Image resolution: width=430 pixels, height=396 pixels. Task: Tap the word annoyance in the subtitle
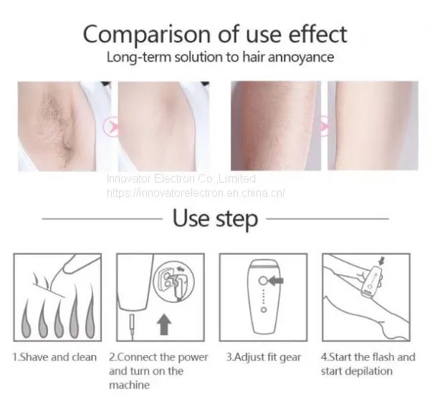[x=301, y=57]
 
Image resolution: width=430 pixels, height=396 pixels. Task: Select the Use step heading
[x=215, y=218]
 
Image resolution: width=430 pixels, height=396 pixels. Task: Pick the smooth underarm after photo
[x=163, y=126]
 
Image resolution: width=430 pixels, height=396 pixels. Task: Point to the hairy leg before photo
[x=276, y=125]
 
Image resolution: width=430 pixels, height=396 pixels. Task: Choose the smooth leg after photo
[x=373, y=125]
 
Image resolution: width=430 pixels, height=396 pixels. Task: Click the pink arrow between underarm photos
[x=110, y=126]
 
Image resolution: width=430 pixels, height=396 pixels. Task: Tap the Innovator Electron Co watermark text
[x=181, y=179]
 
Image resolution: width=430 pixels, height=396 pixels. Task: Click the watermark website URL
[x=196, y=193]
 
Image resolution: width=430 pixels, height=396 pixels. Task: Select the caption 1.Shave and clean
[x=55, y=357]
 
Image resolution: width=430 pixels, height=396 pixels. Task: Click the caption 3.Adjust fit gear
[x=264, y=357]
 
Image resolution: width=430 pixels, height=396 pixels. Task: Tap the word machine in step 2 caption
[x=129, y=385]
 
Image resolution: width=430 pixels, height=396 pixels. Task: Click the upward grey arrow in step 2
[x=164, y=324]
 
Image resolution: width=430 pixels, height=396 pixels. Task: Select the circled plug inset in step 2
[x=173, y=281]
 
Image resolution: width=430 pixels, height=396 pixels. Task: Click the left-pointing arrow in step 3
[x=275, y=281]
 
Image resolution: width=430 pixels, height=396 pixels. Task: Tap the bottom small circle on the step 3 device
[x=264, y=309]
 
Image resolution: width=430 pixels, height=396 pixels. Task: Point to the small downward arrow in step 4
[x=381, y=261]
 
